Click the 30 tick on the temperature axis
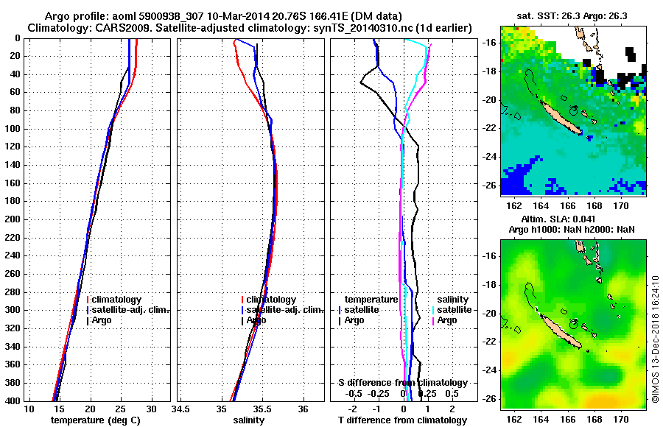151,409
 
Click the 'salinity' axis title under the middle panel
248,420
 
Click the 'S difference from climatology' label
403,383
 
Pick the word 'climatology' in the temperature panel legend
117,300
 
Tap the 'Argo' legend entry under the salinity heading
447,320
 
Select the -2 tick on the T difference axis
355,409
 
